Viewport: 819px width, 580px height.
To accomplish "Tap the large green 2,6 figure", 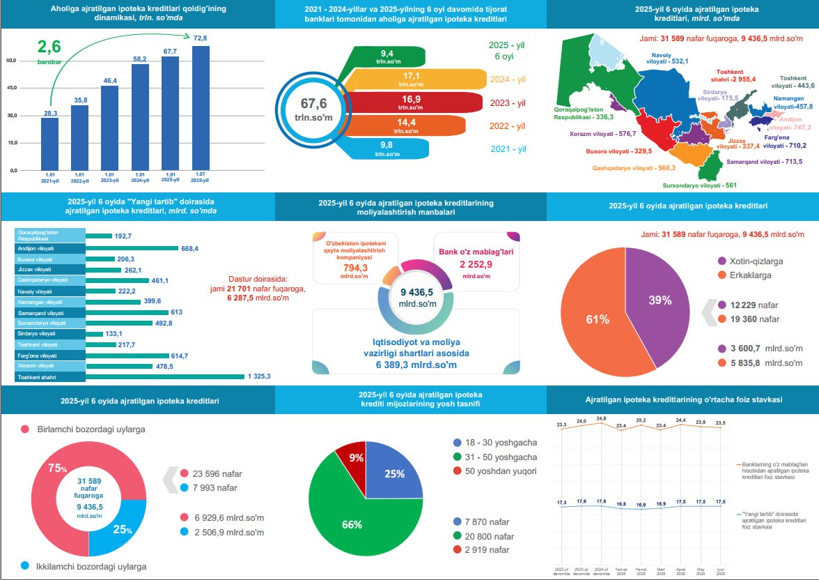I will [50, 48].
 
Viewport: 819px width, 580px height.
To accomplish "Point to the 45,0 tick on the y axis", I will [11, 88].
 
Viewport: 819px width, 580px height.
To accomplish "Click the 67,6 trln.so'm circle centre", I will [313, 110].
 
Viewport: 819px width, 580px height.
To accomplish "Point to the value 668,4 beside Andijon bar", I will [189, 248].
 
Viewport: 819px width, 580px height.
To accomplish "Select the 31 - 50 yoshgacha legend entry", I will [494, 457].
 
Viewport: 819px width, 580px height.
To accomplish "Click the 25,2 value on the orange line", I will [641, 420].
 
